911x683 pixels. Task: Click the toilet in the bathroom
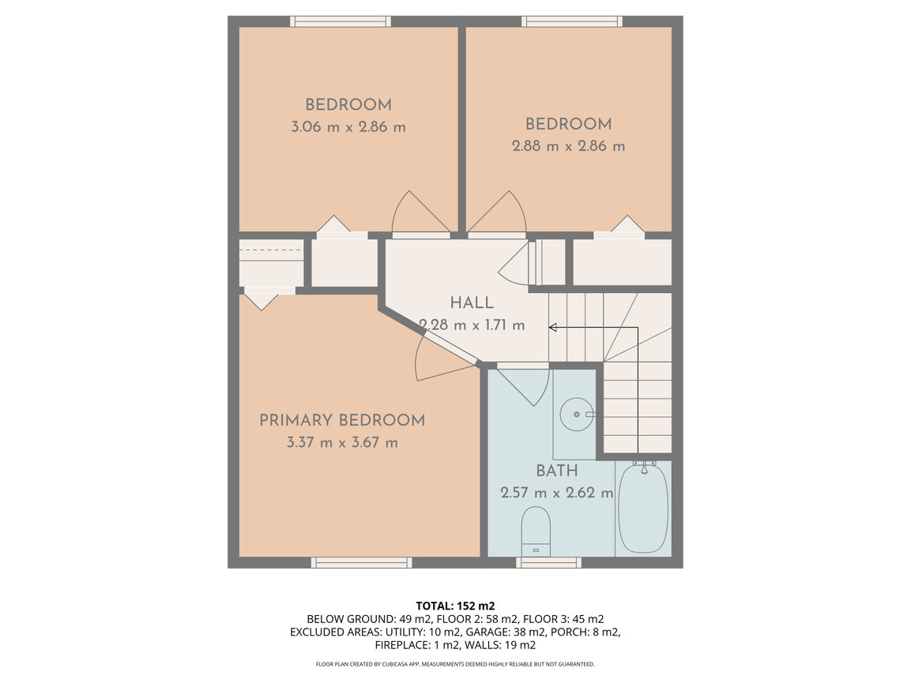[x=536, y=531]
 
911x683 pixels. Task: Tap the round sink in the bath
[x=577, y=414]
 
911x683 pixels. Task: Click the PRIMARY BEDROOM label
[x=342, y=420]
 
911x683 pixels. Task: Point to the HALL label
[x=472, y=302]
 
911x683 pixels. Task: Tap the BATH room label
[x=556, y=471]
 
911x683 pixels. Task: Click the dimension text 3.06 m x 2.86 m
[x=348, y=126]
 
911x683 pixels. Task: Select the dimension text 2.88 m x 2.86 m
[x=569, y=146]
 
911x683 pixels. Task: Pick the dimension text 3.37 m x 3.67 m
[x=342, y=442]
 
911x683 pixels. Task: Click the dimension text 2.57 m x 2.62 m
[x=556, y=493]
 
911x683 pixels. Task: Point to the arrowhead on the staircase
[x=552, y=328]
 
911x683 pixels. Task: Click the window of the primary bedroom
[x=361, y=562]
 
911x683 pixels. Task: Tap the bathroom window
[x=548, y=562]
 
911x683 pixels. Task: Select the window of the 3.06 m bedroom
[x=341, y=21]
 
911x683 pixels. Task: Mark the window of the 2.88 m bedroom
[x=572, y=21]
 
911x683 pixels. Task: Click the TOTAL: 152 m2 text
[x=455, y=606]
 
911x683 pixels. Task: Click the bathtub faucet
[x=644, y=467]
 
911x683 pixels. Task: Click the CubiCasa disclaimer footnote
[x=455, y=664]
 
